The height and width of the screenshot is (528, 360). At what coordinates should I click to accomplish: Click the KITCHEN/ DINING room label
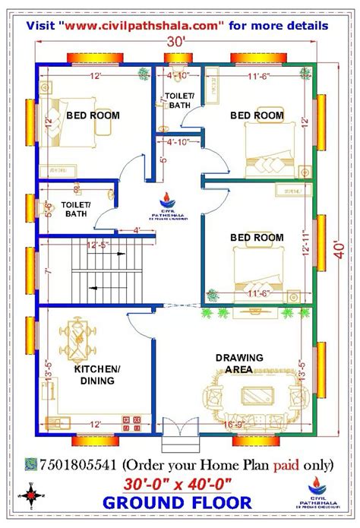(x=96, y=375)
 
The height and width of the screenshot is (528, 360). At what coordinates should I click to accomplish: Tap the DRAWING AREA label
(x=239, y=363)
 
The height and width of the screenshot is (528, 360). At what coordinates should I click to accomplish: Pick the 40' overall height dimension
(x=339, y=251)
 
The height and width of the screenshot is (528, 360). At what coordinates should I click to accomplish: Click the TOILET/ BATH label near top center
(x=180, y=100)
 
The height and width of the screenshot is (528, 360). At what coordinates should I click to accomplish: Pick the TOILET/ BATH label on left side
(x=77, y=210)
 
